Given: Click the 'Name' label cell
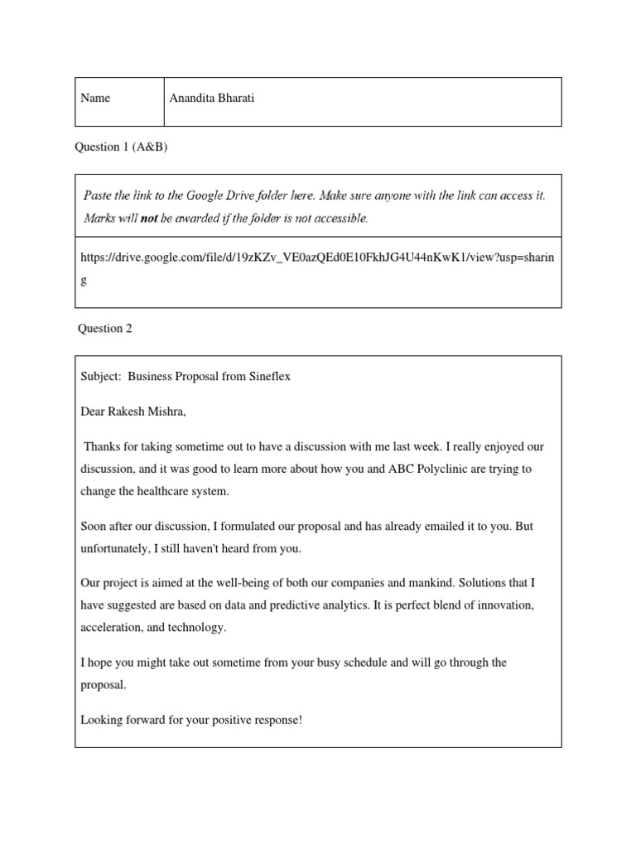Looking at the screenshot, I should pos(95,99).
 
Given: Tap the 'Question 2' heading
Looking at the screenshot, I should pos(104,328).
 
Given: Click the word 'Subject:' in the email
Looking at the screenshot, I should pos(100,376).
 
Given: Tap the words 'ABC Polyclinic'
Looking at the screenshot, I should pos(424,469).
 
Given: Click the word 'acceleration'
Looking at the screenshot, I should pos(110,628).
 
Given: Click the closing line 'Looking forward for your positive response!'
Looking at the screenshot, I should pos(191,720).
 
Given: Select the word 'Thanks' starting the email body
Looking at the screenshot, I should pos(101,446).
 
